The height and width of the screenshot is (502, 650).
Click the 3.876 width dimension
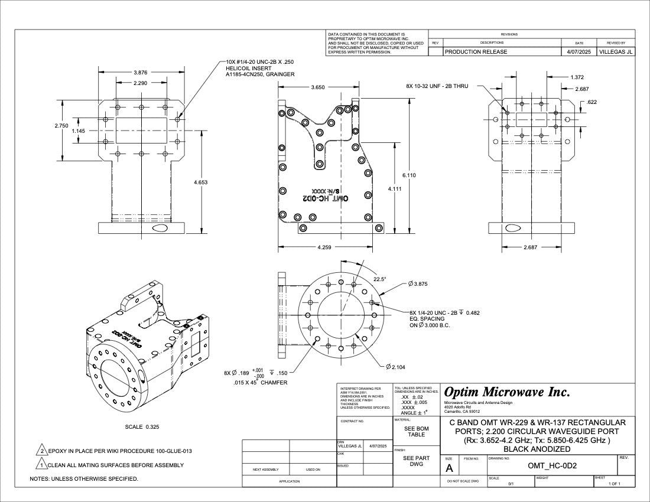tap(141, 73)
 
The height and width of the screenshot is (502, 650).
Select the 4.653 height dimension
tap(201, 182)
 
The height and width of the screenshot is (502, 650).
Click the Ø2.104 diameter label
tap(395, 367)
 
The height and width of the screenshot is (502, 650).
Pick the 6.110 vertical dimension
tap(409, 175)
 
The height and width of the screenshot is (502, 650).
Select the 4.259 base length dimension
tap(324, 247)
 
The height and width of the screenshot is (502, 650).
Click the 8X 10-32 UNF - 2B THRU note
tap(437, 86)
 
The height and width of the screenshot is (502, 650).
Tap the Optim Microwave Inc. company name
tap(506, 392)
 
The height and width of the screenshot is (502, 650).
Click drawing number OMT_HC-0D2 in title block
tap(552, 466)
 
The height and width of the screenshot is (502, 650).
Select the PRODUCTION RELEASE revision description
tap(476, 52)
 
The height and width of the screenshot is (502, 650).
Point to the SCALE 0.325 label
tap(142, 426)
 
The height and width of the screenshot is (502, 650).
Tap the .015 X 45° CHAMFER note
tap(260, 383)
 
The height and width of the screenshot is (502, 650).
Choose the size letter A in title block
tap(450, 468)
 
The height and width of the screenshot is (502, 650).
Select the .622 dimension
tap(591, 102)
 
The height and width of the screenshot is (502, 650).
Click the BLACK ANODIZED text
tap(537, 449)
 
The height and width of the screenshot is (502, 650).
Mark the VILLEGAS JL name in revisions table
tap(616, 52)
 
